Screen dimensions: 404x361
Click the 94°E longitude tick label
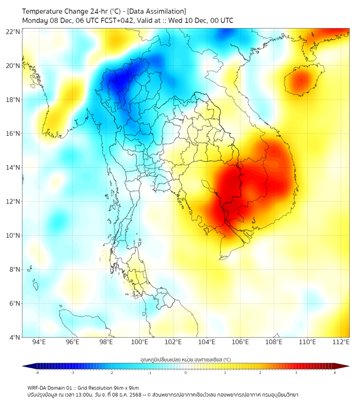pyautogui.click(x=39, y=342)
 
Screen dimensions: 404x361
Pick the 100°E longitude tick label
pyautogui.click(x=139, y=342)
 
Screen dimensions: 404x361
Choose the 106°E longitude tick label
pyautogui.click(x=240, y=342)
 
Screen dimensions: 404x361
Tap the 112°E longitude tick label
pyautogui.click(x=341, y=342)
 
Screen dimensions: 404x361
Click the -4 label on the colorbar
pyautogui.click(x=37, y=372)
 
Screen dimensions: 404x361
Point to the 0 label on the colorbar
pyautogui.click(x=186, y=372)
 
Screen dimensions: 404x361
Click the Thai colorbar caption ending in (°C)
pyautogui.click(x=185, y=359)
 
